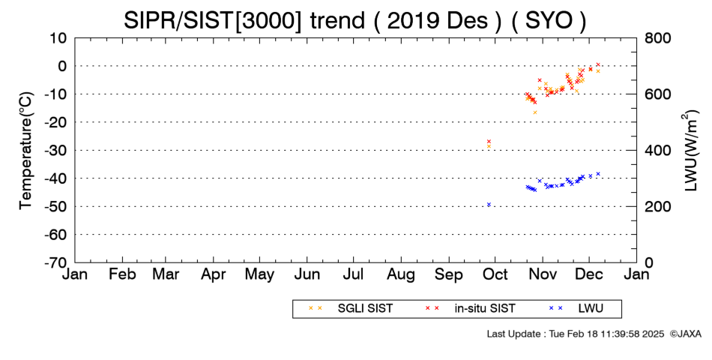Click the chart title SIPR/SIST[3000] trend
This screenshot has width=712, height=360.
[x=244, y=21]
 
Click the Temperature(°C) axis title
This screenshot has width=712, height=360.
[x=26, y=151]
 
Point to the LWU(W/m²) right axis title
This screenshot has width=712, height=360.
[x=690, y=151]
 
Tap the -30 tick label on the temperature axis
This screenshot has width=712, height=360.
[x=55, y=151]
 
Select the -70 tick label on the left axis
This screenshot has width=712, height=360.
[x=55, y=262]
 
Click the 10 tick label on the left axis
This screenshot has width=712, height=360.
[x=58, y=38]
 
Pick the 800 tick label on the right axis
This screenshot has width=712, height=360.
[x=658, y=38]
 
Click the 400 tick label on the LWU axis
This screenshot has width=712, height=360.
[x=658, y=151]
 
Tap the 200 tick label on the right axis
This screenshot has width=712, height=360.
[x=658, y=206]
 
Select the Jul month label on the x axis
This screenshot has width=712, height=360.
[x=354, y=274]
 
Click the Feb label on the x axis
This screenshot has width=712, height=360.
[x=122, y=274]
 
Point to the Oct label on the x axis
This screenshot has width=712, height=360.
[x=495, y=274]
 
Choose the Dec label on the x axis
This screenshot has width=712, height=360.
[x=589, y=274]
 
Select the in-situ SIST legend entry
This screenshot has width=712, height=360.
[x=470, y=309]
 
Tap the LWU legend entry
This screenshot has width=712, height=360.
[x=576, y=309]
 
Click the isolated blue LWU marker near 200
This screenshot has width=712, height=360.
[x=489, y=205]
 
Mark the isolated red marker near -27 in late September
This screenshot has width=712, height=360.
[x=489, y=141]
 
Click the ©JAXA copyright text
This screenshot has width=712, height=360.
[x=685, y=334]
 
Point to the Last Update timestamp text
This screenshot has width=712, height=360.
[x=576, y=334]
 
